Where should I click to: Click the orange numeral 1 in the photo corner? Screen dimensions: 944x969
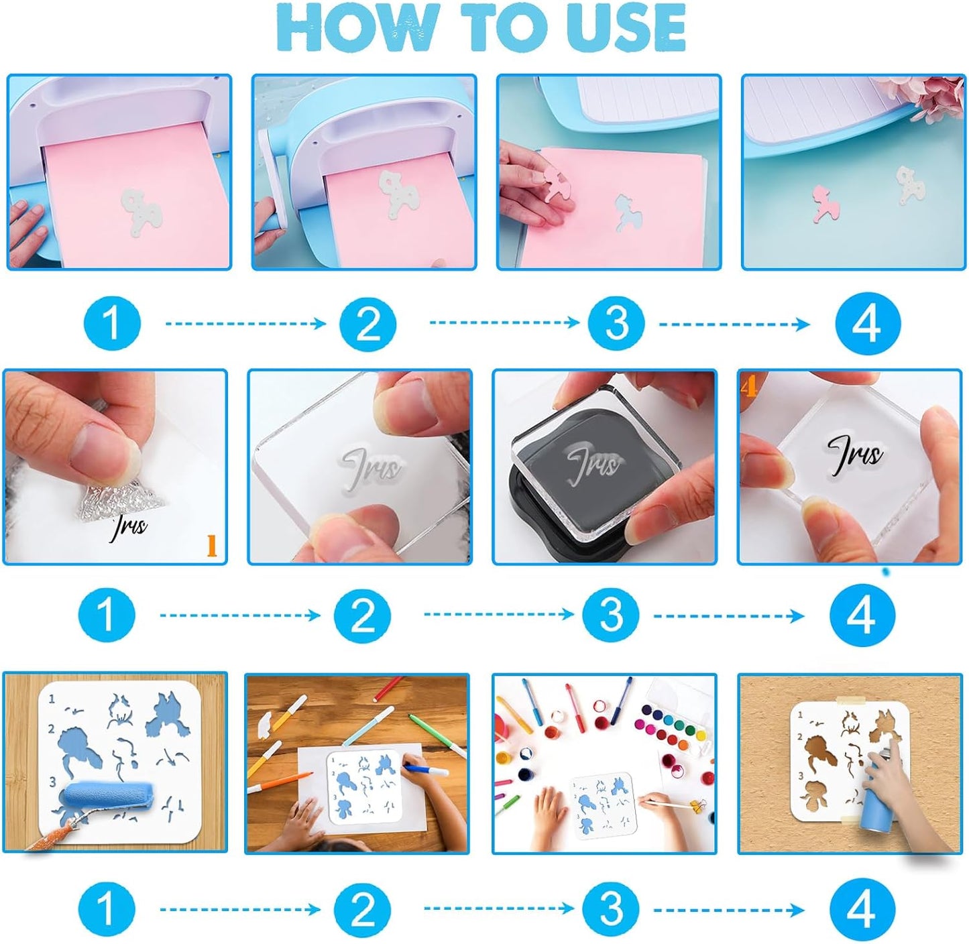point(211,546)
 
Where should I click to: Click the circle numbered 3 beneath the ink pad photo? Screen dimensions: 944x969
point(611,615)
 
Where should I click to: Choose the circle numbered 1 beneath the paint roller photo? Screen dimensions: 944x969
point(106,909)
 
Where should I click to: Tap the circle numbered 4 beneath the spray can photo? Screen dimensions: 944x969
point(861,909)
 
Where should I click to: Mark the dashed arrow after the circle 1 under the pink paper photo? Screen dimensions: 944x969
point(245,324)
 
